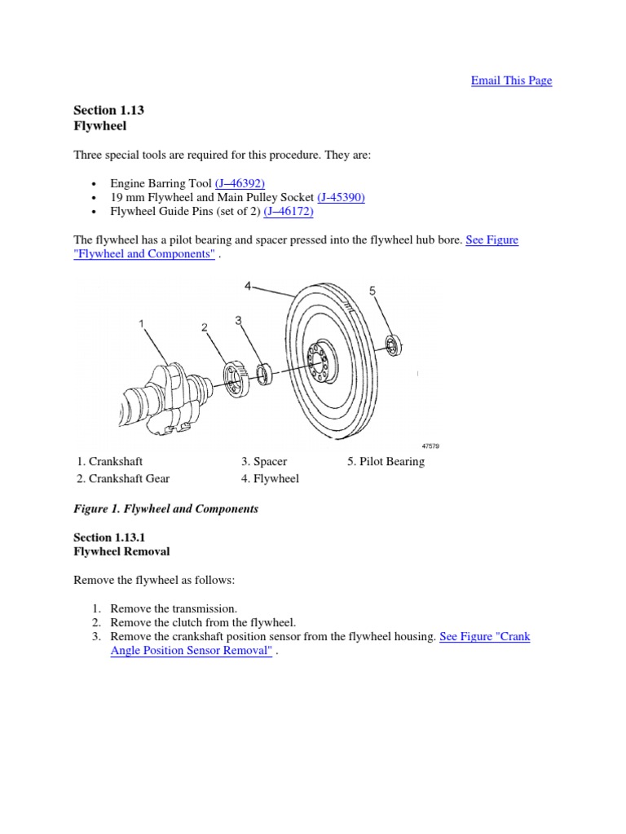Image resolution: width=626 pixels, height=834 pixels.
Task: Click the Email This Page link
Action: coord(511,81)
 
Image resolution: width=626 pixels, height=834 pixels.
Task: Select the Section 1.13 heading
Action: coord(103,110)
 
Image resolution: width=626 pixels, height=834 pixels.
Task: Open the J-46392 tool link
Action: coord(240,184)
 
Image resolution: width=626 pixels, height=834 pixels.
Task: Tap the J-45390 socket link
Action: coord(341,198)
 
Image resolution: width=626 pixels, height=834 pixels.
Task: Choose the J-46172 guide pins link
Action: coord(288,212)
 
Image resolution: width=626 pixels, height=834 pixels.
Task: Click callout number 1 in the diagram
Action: coord(142,324)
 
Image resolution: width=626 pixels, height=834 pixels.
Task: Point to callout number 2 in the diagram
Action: coord(205,327)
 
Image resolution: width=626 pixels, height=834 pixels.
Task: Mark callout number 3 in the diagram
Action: coord(239,321)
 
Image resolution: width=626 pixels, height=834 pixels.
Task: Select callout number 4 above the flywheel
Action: coord(249,286)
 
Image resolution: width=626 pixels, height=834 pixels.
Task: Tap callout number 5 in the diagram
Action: coord(372,291)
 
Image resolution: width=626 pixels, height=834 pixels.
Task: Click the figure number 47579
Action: coord(430,446)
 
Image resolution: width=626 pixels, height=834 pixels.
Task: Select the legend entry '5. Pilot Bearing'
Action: coord(386,462)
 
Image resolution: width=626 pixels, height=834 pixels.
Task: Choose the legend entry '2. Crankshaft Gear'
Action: coord(123,479)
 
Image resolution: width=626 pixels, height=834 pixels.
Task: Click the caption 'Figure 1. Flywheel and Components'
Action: coord(165,509)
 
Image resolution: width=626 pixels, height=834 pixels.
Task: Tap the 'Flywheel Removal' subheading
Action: coord(121,551)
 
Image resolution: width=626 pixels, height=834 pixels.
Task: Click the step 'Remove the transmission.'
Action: coord(174,608)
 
